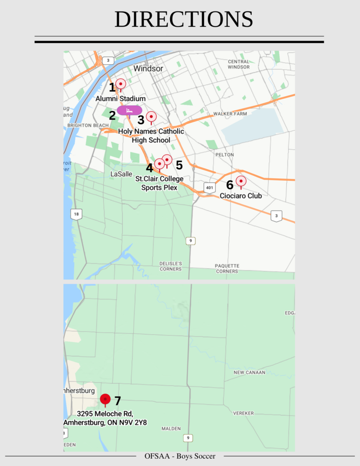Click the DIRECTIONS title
(x=183, y=20)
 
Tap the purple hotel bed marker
(x=130, y=110)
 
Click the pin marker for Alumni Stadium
(x=121, y=84)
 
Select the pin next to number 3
(x=151, y=117)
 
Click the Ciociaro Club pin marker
(x=241, y=182)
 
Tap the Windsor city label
(x=148, y=69)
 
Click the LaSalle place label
(x=121, y=174)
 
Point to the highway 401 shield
(x=209, y=187)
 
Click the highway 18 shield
(x=76, y=214)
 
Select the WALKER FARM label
(x=230, y=114)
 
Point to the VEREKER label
(x=243, y=413)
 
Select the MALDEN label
(x=171, y=429)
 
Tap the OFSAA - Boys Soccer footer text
(x=180, y=456)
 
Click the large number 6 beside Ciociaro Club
(x=230, y=185)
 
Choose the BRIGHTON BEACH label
(x=88, y=125)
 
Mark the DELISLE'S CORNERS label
(x=171, y=266)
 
